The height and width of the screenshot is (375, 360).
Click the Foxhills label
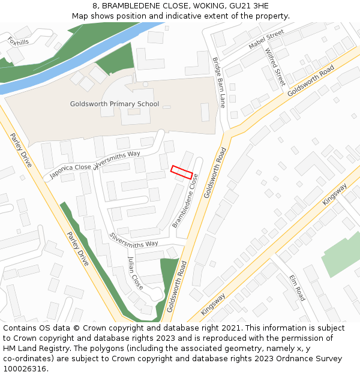[18, 40]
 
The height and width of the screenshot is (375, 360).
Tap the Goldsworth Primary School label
[115, 104]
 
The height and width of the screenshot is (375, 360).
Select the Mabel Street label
[266, 40]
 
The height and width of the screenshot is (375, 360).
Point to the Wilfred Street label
[275, 67]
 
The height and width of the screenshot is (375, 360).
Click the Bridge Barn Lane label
[218, 82]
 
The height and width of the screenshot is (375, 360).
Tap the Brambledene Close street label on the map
[185, 201]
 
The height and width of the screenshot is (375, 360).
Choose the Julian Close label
[136, 273]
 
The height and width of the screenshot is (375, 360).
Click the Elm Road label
[297, 288]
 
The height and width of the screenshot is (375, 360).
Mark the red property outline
[182, 172]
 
